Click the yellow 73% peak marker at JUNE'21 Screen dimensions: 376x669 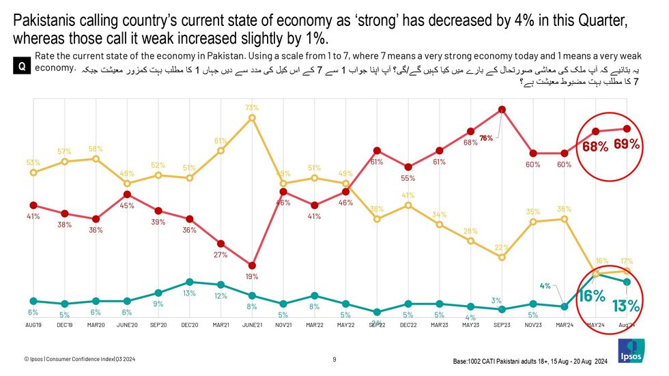click(252, 117)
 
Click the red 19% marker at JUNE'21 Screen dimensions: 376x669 click(252, 265)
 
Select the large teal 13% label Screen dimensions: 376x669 click(625, 305)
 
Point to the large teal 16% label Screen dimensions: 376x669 click(592, 295)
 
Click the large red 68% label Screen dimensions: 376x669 click(595, 147)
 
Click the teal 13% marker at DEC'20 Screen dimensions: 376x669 click(189, 281)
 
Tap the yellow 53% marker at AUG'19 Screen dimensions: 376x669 click(33, 172)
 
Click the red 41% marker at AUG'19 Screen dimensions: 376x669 click(33, 205)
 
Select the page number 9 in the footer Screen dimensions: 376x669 click(334, 359)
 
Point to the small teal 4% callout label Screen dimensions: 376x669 click(545, 285)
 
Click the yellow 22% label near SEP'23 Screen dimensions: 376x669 click(502, 247)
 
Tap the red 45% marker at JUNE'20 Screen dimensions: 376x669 click(127, 194)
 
